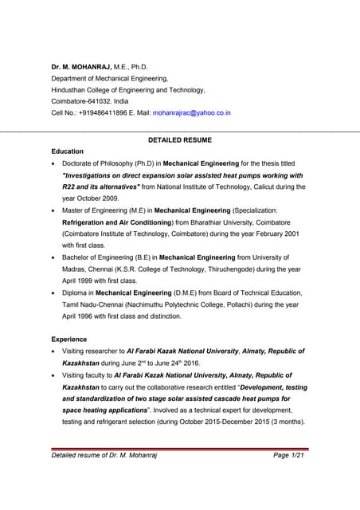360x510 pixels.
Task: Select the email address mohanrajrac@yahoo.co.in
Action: point(191,112)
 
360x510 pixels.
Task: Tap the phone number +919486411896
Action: point(109,112)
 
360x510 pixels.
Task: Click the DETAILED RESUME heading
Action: point(180,139)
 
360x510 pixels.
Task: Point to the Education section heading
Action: point(67,151)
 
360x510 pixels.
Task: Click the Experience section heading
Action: point(69,339)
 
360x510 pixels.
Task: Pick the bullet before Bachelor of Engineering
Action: point(53,258)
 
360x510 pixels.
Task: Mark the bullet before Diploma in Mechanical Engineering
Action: point(53,293)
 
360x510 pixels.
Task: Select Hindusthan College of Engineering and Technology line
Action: point(128,90)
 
